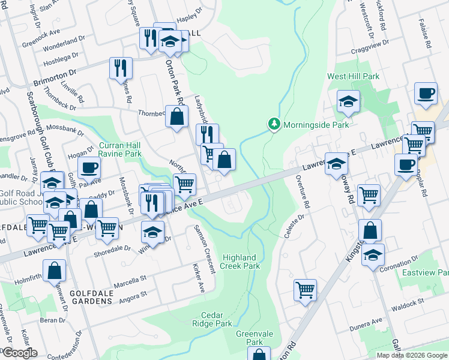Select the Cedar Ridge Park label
click(216, 319)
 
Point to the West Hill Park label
click(353, 77)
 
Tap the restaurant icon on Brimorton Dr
click(121, 68)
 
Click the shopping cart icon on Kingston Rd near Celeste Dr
click(305, 290)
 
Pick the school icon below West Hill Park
click(348, 102)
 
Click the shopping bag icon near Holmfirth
click(55, 271)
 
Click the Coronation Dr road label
click(399, 265)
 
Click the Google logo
click(19, 353)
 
